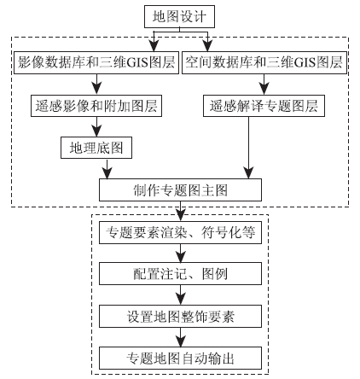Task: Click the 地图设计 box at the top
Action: click(179, 16)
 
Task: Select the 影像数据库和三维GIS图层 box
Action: click(96, 62)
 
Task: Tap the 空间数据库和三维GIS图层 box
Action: click(264, 62)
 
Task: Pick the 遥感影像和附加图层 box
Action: click(96, 106)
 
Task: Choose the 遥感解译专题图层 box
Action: click(264, 106)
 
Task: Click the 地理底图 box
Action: click(96, 148)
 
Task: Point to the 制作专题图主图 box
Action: click(180, 189)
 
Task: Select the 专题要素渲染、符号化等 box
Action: click(180, 232)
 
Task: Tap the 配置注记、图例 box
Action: click(180, 274)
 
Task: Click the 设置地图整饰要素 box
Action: click(180, 316)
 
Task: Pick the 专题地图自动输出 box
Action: click(180, 358)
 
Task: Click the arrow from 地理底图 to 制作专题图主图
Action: click(107, 169)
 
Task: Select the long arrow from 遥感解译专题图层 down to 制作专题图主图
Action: click(249, 148)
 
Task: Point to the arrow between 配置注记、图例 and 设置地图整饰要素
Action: click(180, 294)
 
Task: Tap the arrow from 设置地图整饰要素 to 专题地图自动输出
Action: click(180, 337)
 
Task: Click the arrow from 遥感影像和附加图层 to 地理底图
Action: click(96, 127)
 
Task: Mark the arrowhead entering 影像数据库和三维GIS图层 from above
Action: click(154, 46)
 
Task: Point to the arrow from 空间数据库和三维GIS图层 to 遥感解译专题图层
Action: click(264, 85)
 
